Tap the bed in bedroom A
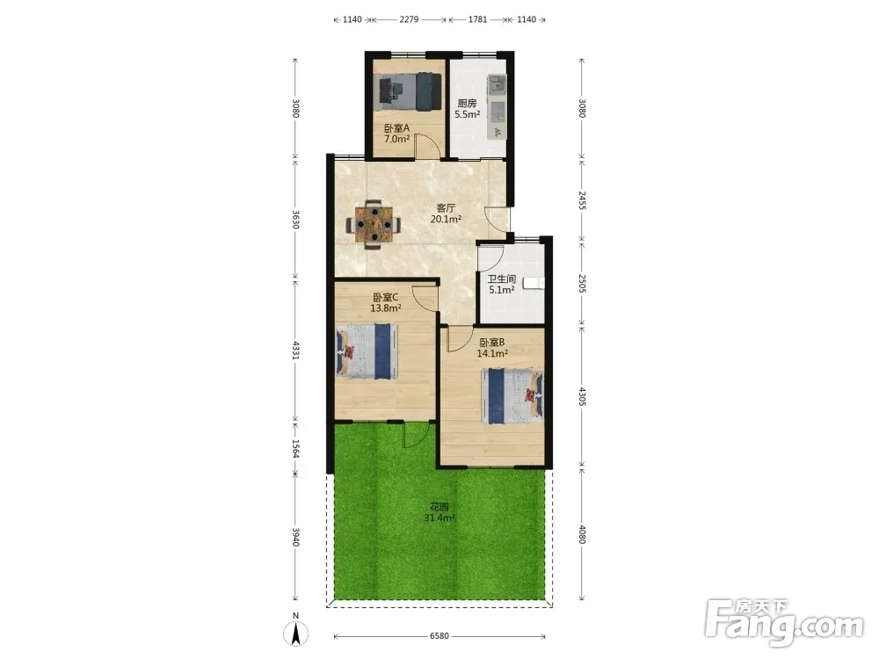409,92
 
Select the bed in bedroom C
367,351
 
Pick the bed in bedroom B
512,396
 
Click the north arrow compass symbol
295,633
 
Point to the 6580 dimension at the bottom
439,636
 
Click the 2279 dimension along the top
409,19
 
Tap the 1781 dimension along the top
477,19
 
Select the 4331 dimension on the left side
296,350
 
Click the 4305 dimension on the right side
582,397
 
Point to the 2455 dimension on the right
582,200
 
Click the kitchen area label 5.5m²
467,114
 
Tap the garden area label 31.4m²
439,518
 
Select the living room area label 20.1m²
446,219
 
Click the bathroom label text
501,279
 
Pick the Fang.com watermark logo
784,621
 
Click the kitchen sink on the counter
496,85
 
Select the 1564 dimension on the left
296,448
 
